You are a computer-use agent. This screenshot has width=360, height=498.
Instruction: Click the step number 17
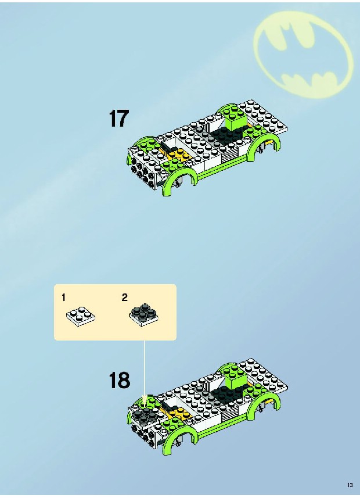(x=118, y=119)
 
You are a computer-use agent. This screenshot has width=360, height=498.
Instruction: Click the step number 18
(x=120, y=380)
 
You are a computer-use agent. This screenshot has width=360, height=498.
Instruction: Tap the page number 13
(x=350, y=485)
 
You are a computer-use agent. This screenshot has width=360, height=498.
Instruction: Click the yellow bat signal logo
(x=304, y=55)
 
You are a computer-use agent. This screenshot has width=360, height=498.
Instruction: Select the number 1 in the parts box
(x=63, y=298)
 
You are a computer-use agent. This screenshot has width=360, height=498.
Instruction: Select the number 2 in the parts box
(x=124, y=298)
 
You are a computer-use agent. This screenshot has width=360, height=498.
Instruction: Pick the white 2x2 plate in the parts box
(x=81, y=317)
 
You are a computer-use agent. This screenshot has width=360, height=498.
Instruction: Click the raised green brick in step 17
(x=235, y=119)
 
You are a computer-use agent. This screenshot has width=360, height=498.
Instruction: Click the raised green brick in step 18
(x=235, y=378)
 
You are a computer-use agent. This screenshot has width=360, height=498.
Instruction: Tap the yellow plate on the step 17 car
(x=178, y=155)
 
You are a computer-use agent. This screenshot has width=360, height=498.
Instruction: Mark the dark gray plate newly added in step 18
(x=145, y=413)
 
